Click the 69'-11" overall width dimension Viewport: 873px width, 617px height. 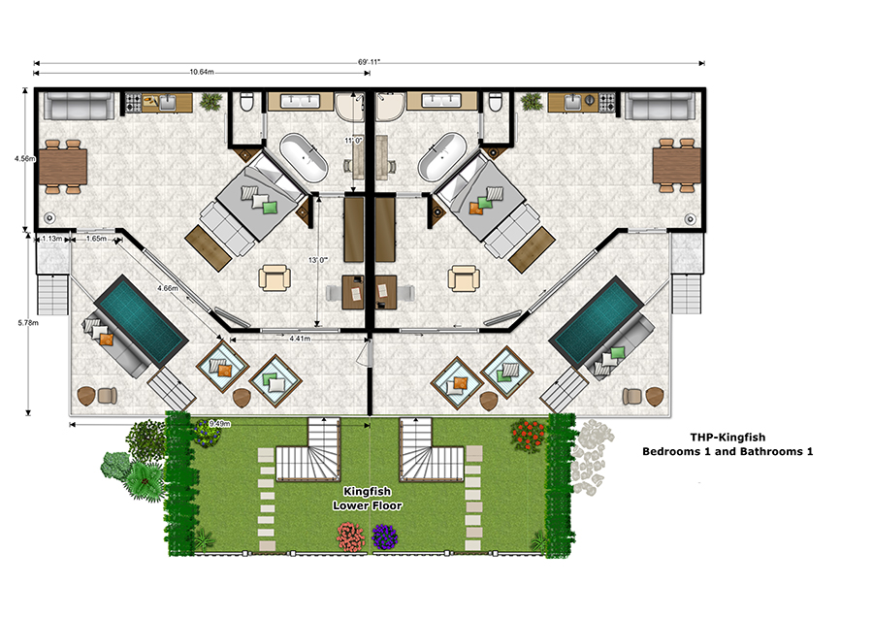(369, 62)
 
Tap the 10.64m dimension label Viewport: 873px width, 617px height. (202, 72)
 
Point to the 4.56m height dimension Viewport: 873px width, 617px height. (25, 159)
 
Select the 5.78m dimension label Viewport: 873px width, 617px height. (28, 322)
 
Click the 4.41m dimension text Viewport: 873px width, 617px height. (300, 338)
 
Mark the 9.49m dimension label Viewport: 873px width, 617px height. (219, 424)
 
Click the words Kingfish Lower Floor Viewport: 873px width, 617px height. (368, 499)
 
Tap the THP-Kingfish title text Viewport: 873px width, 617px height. (727, 438)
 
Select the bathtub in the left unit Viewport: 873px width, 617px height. (304, 157)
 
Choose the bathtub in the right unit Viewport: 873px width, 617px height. (442, 157)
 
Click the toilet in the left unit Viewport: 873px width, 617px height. (247, 102)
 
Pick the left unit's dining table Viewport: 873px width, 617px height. (63, 167)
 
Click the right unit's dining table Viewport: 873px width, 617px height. (677, 166)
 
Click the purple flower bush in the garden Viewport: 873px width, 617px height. (385, 536)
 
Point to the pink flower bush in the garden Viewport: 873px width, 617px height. (351, 536)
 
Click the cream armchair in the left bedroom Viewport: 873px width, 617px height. (275, 277)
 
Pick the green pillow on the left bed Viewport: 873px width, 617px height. (270, 208)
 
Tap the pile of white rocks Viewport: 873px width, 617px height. (592, 458)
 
